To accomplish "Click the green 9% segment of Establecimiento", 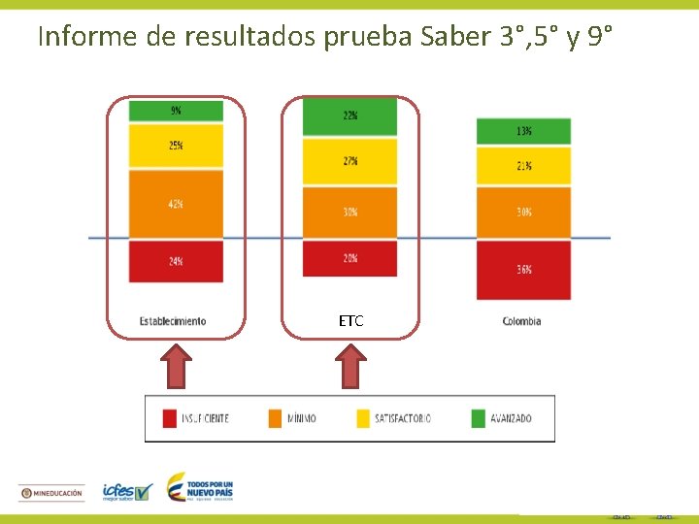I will coord(176,111).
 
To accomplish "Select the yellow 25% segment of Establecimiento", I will coord(176,147).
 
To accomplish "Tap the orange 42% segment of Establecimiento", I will coord(176,204).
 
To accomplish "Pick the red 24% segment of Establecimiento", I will coord(176,261).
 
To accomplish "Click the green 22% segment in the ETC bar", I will coord(349,116).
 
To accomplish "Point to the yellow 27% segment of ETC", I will coord(349,161).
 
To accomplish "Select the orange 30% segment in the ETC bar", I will coord(349,212).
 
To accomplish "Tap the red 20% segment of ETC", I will coord(349,258).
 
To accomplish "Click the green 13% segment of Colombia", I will coord(523,131).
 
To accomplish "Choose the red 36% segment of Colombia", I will coord(523,270).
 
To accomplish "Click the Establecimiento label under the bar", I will coord(173,321).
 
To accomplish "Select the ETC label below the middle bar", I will coord(350,321).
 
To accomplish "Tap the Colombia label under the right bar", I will coord(522,321).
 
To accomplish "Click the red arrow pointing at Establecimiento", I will coord(177,369).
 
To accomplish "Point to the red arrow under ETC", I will coord(350,369).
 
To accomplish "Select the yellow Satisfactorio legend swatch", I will coord(365,418).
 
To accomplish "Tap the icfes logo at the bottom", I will coord(127,492).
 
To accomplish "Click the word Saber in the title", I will coord(456,37).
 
